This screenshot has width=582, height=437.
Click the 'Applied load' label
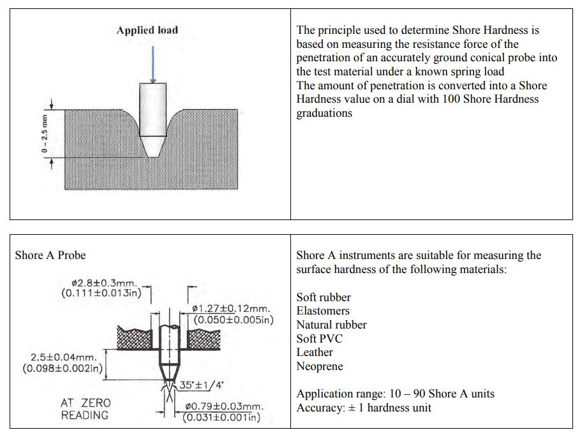pos(147,30)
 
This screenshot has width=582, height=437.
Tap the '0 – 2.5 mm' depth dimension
pos(44,133)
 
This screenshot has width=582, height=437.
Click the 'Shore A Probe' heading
pos(50,255)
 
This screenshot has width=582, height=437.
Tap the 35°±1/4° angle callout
pos(202,385)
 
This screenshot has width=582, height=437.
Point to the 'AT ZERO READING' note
pos(85,409)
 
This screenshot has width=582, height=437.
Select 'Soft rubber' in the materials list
pos(324,297)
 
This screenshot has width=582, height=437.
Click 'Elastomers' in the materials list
pos(323,311)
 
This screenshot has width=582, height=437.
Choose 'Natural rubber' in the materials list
pos(331,325)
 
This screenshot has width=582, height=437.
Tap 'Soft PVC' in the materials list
pos(318,339)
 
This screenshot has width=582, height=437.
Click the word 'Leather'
pos(315,352)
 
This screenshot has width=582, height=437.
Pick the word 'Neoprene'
pos(319,366)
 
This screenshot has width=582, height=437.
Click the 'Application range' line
pos(395,394)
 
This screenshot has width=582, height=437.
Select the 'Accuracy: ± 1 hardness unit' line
pos(364,408)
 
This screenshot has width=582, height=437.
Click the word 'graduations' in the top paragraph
pos(324,114)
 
